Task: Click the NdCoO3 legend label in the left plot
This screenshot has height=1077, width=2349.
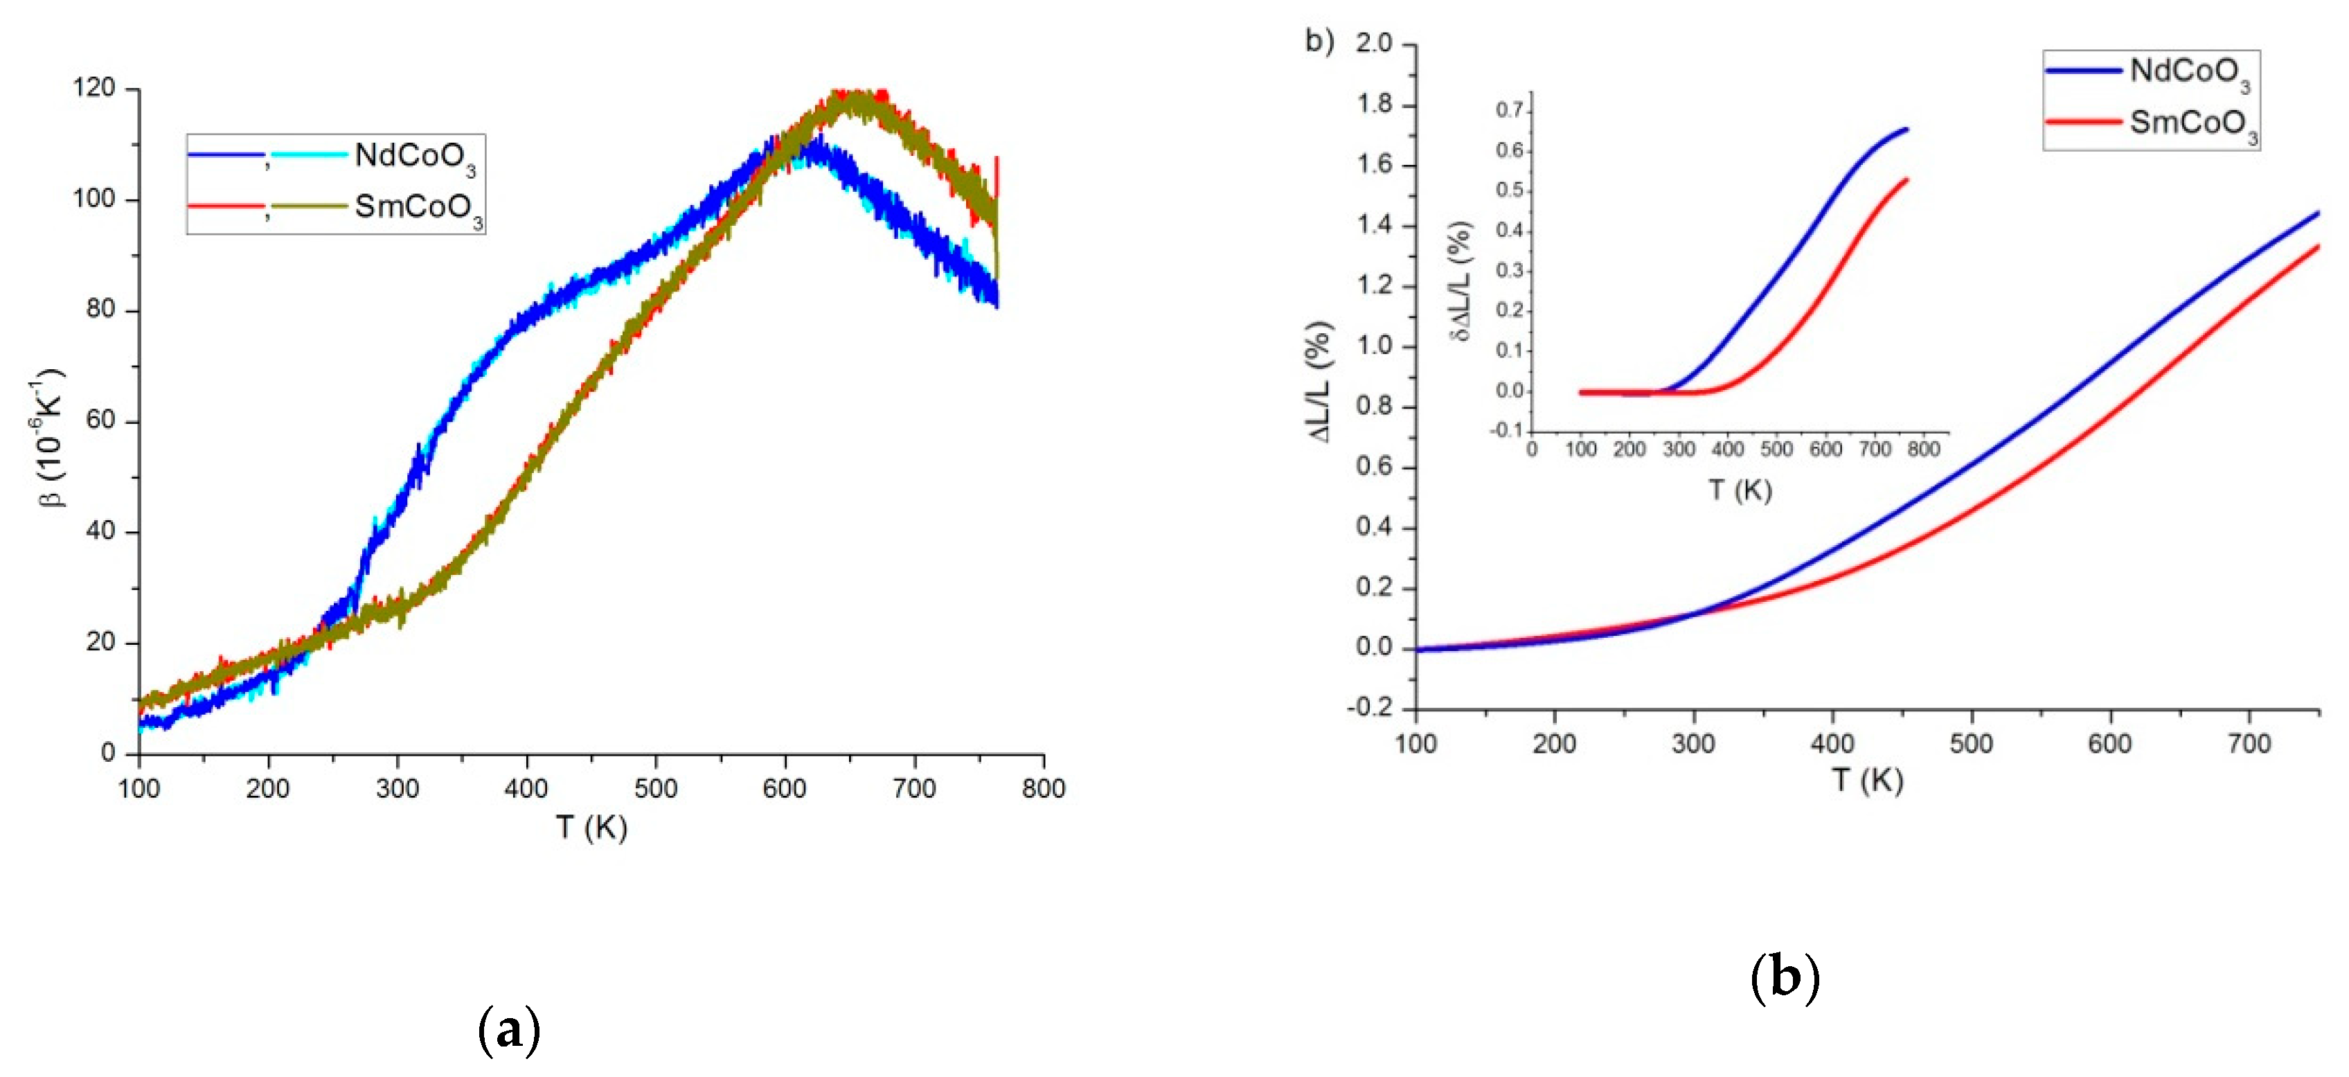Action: click(x=414, y=157)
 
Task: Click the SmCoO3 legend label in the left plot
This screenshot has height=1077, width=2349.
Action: click(x=418, y=208)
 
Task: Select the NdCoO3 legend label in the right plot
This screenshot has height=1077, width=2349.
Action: click(x=2188, y=72)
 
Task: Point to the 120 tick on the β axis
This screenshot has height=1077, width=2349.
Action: click(x=94, y=89)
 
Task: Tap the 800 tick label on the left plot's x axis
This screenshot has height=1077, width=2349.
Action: click(x=1043, y=788)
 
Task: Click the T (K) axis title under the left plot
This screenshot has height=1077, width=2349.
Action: click(x=591, y=827)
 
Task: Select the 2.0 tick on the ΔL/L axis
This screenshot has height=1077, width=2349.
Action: click(x=1373, y=44)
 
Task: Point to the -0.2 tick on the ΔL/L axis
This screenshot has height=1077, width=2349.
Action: click(x=1370, y=708)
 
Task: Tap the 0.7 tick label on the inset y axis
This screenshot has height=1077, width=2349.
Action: click(x=1509, y=110)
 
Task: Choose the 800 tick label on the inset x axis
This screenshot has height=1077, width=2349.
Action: click(x=1923, y=450)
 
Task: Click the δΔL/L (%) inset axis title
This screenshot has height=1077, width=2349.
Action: click(x=1461, y=281)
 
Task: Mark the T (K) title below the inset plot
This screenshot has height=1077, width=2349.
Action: click(x=1740, y=490)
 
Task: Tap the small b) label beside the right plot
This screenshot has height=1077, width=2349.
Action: click(x=1319, y=41)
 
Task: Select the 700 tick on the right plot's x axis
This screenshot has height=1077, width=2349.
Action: click(x=2249, y=744)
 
